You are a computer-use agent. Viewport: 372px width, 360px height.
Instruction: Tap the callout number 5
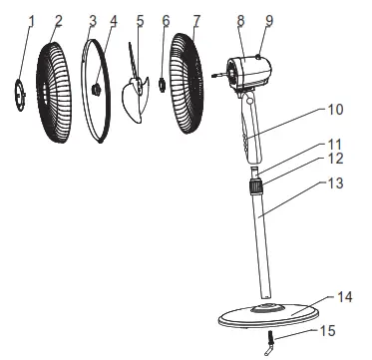140,19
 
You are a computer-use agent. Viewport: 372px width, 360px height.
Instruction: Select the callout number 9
268,19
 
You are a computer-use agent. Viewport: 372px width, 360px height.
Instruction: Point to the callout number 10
336,107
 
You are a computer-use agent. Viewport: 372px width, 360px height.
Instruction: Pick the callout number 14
345,297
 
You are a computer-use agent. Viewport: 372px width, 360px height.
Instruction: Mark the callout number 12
336,159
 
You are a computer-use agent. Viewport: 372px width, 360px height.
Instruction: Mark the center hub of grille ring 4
97,91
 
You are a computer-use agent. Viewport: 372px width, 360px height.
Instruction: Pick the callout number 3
93,19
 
